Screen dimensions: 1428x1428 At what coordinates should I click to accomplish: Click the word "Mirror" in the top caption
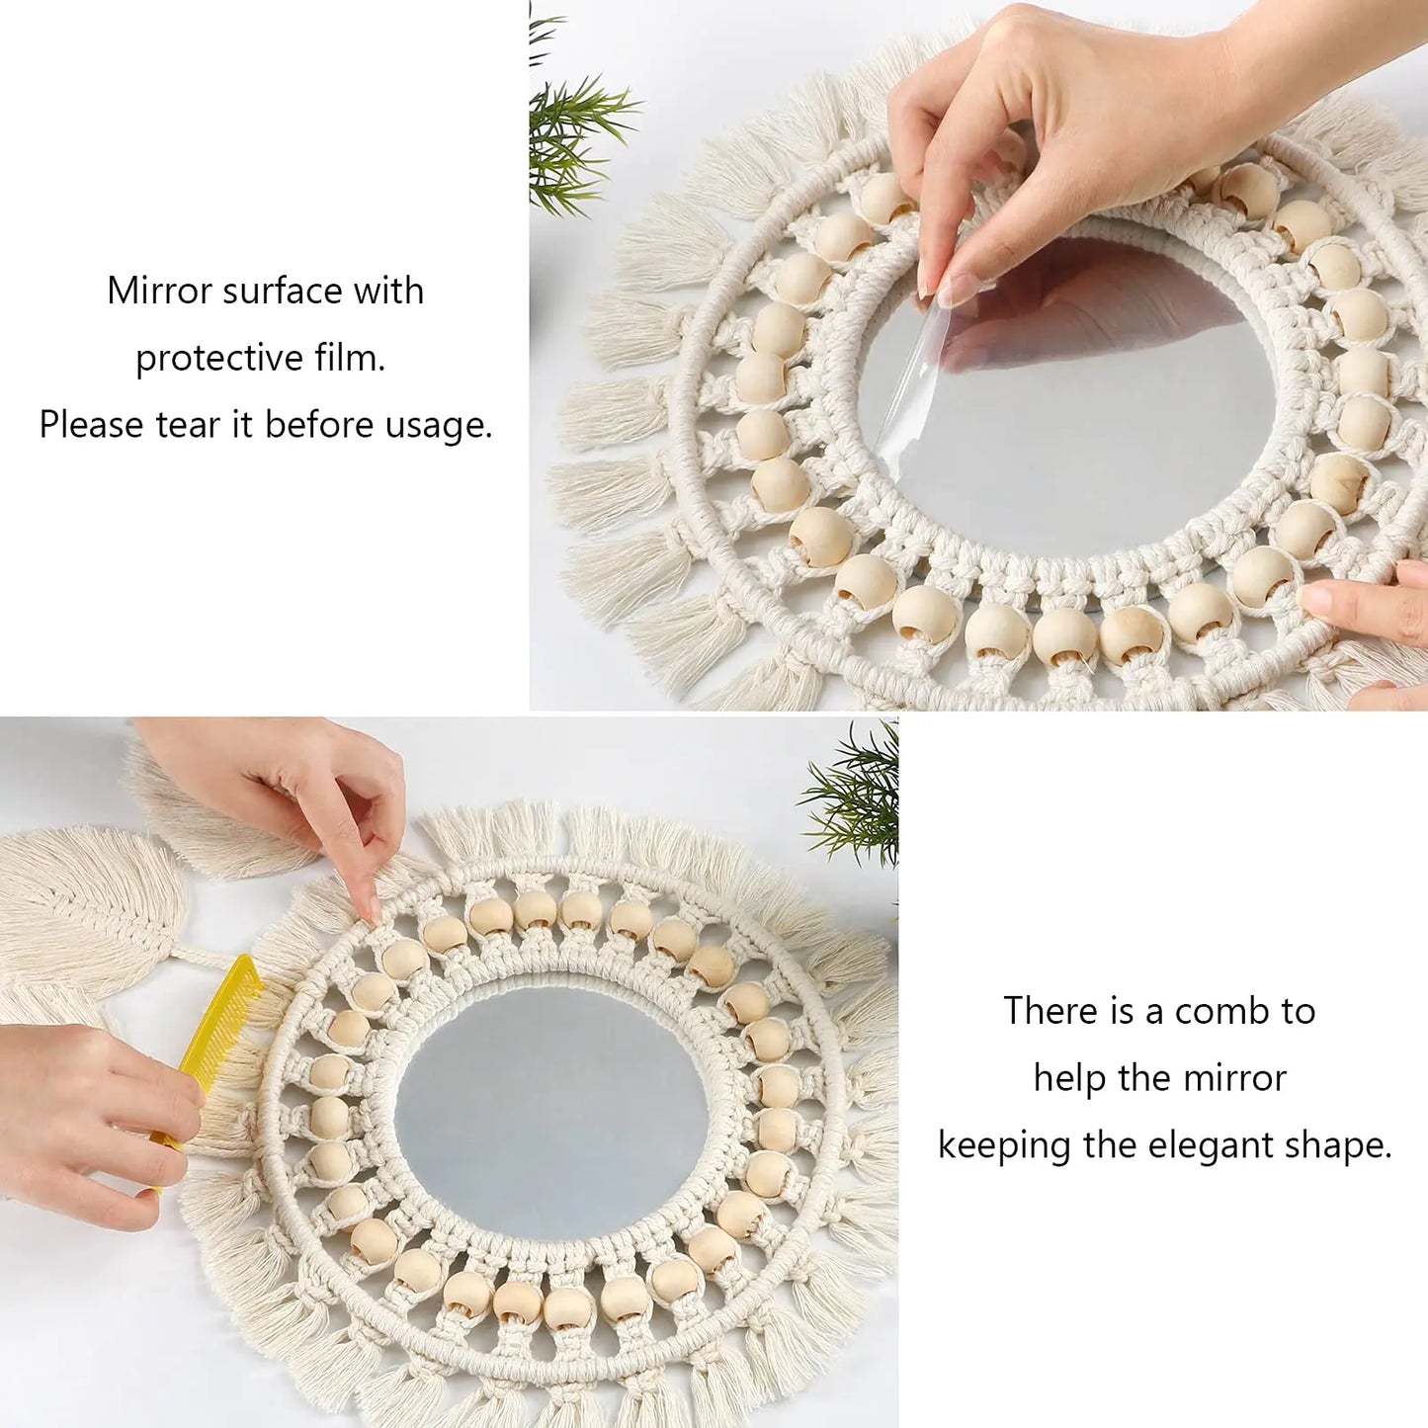pyautogui.click(x=160, y=291)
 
